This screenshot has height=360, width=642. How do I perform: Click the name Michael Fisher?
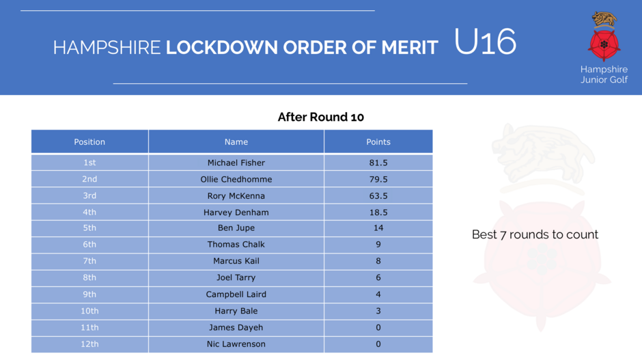(236, 163)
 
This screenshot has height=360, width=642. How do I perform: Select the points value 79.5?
(378, 180)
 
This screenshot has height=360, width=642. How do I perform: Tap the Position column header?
(89, 141)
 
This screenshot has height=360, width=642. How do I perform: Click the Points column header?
(378, 141)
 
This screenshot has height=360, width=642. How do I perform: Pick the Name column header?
(236, 141)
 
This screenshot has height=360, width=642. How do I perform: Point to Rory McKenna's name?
(236, 196)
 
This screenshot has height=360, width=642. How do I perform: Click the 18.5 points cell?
(378, 212)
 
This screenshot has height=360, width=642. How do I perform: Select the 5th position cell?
(89, 227)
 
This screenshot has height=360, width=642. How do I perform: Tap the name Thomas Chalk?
(236, 245)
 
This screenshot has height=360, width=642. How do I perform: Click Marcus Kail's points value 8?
(378, 261)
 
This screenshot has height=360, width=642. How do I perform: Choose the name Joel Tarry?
(236, 277)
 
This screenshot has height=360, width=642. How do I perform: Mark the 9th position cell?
(89, 294)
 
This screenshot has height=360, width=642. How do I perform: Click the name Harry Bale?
(236, 311)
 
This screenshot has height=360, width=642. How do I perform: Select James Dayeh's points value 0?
(378, 328)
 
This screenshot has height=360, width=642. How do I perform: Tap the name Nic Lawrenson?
(236, 344)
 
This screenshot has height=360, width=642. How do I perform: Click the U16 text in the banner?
(485, 42)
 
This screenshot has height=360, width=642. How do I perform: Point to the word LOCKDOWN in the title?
(221, 48)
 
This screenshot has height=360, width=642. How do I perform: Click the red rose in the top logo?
(604, 44)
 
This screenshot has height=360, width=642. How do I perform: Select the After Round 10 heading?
(320, 117)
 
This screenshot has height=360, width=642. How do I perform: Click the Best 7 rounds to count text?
(535, 234)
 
